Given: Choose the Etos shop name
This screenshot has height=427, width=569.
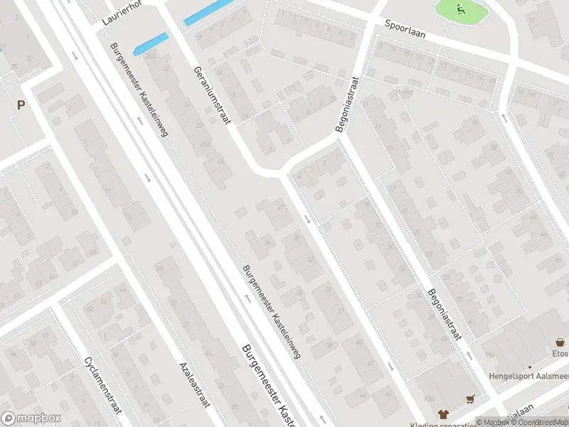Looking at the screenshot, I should click(560, 353).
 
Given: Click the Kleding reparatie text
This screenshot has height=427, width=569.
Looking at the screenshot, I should click(454, 423).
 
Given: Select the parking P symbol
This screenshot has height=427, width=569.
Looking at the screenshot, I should click(21, 105).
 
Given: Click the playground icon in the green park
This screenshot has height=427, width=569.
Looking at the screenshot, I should click(461, 9).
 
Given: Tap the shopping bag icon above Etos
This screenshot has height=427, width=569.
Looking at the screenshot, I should click(560, 341).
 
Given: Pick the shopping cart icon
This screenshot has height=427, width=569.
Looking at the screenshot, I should click(469, 399).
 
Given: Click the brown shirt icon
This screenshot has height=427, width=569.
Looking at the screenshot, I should click(443, 413).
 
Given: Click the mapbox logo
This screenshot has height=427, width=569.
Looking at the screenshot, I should click(31, 418).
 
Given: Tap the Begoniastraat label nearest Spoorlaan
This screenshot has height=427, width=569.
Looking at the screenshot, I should click(348, 104).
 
